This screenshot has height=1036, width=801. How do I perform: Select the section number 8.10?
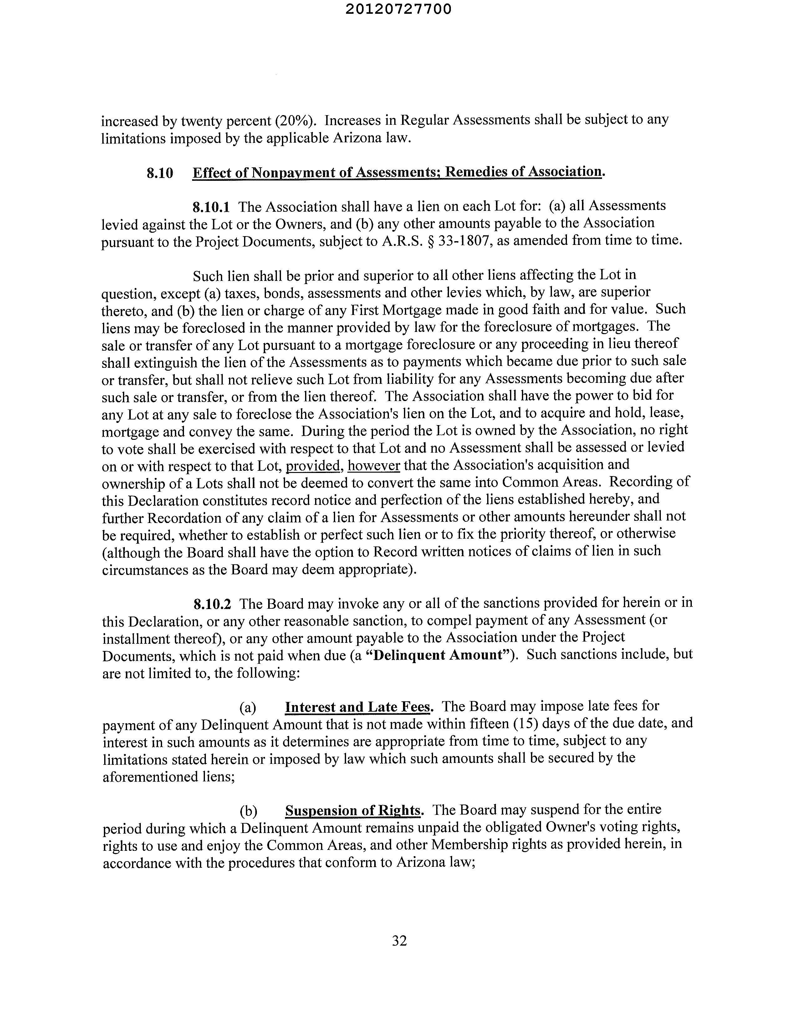click(x=160, y=173)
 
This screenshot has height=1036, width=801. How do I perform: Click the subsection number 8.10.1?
click(x=211, y=207)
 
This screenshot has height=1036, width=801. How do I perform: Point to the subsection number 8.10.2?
click(x=212, y=604)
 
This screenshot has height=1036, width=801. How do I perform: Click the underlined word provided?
click(x=314, y=466)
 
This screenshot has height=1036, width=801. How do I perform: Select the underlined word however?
click(x=374, y=466)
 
